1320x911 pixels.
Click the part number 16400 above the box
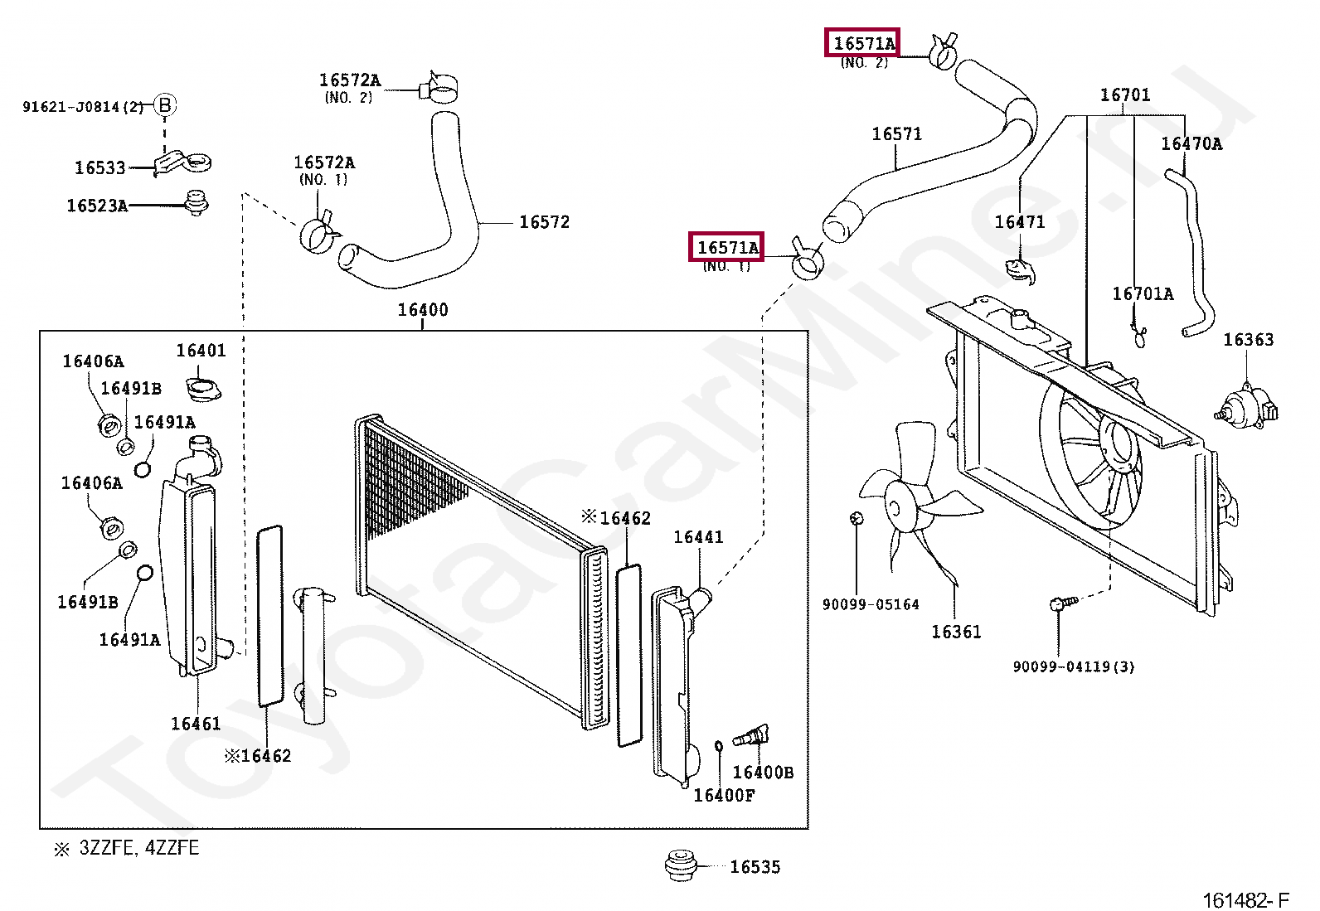click(x=423, y=310)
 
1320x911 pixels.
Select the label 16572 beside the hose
click(x=544, y=222)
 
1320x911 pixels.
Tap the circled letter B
click(x=165, y=104)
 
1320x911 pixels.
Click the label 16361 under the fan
click(x=956, y=632)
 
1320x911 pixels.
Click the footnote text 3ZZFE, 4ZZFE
click(x=138, y=849)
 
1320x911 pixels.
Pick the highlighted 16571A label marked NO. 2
click(x=864, y=43)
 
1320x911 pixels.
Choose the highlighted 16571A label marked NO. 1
click(x=727, y=247)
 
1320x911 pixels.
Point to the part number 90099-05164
click(x=871, y=605)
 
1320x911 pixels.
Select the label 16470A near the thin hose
click(x=1191, y=144)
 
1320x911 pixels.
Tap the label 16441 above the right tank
click(x=698, y=537)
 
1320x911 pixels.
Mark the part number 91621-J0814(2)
click(x=83, y=106)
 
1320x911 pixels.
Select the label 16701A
click(x=1143, y=294)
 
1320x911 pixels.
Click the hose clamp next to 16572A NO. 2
click(x=440, y=87)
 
